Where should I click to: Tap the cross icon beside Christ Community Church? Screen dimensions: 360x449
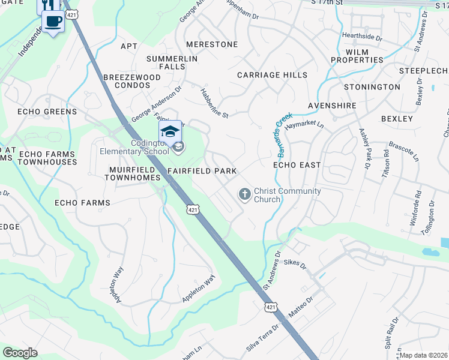244,194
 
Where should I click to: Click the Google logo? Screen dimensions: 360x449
20,353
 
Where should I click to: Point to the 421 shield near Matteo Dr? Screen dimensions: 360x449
271,307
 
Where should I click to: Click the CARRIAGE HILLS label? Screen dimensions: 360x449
272,75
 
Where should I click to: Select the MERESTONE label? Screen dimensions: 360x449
212,44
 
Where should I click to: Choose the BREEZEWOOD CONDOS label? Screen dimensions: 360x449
132,82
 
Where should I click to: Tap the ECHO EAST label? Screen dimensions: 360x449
297,164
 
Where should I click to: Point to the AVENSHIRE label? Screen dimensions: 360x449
332,106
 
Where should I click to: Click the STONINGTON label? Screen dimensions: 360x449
372,87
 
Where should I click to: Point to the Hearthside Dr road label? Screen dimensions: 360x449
362,37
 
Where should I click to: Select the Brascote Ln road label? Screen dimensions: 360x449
403,151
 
